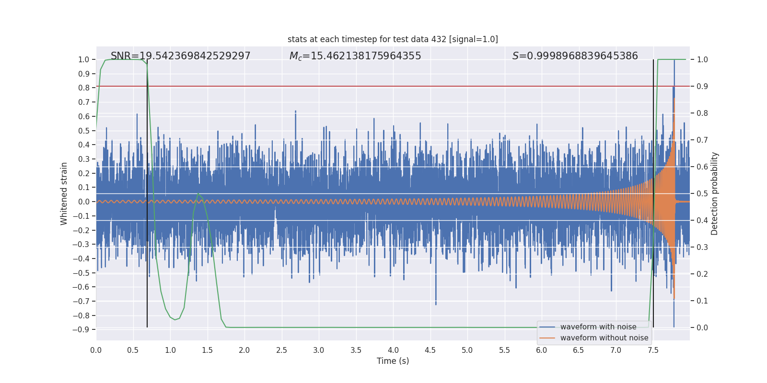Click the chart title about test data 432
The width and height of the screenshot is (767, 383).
coord(393,39)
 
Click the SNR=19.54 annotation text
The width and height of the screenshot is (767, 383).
coord(180,56)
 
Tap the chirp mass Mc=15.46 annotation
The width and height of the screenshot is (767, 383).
coord(355,56)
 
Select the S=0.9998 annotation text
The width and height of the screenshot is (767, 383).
coord(575,56)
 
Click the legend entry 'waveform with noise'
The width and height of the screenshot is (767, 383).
coord(598,327)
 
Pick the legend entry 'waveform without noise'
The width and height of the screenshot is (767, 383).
coord(604,338)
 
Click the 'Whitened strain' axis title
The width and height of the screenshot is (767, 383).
coord(64,193)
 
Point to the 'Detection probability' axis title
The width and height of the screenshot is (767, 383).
coord(715,193)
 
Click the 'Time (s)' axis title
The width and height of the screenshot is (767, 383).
coord(393,361)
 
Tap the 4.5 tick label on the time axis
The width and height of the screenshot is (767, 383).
coord(430,350)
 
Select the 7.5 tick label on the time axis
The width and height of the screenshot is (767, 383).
coord(653,350)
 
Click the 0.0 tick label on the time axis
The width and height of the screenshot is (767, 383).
coord(96,350)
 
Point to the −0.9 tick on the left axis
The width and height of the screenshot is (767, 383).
coord(81,330)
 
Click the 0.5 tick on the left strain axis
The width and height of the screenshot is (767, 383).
coord(84,131)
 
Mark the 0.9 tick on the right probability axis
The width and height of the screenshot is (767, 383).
coord(702,87)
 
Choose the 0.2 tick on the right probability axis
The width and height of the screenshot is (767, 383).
coord(702,274)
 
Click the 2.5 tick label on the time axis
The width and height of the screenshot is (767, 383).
coord(281,350)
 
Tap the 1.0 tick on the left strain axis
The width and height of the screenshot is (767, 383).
coord(84,60)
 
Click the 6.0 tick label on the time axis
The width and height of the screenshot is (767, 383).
coord(541,350)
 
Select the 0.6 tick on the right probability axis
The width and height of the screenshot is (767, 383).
coord(702,167)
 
